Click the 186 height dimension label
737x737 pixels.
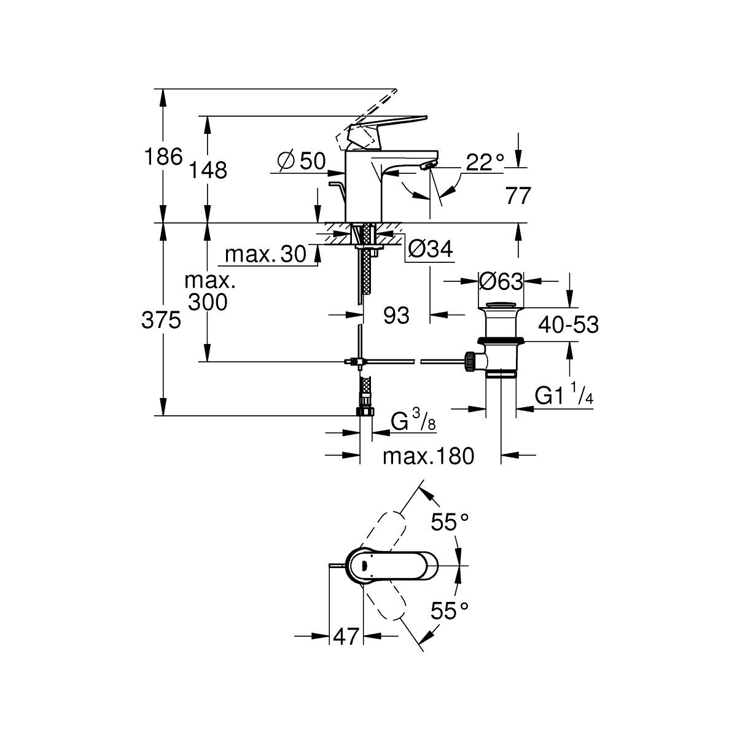(163, 157)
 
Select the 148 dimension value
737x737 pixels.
(208, 170)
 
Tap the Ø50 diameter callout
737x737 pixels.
(302, 161)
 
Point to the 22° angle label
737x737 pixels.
(485, 162)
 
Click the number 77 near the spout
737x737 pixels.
(518, 196)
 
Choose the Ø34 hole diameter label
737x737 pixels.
(431, 249)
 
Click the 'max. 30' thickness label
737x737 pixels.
(266, 254)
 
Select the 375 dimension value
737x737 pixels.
(161, 320)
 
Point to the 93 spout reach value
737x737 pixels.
(396, 316)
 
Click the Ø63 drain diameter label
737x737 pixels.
(501, 282)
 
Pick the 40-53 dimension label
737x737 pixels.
(568, 325)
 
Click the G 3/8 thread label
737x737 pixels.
(413, 419)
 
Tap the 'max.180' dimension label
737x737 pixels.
(428, 456)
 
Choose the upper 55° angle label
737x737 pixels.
(450, 523)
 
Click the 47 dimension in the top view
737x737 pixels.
(346, 636)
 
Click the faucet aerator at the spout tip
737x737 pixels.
(427, 165)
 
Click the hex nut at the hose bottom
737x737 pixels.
(366, 411)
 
